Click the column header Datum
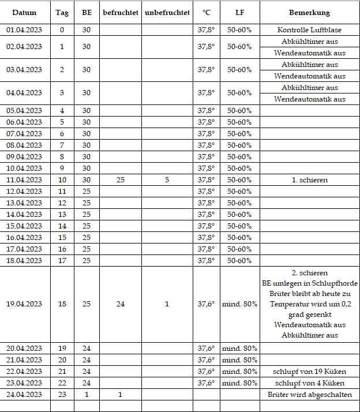pyautogui.click(x=24, y=12)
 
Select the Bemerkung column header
pyautogui.click(x=309, y=12)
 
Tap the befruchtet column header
pyautogui.click(x=120, y=12)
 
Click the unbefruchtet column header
pyautogui.click(x=167, y=12)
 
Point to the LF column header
pyautogui.click(x=239, y=12)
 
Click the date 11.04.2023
pyautogui.click(x=24, y=180)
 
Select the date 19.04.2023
pyautogui.click(x=24, y=304)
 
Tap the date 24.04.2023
pyautogui.click(x=24, y=395)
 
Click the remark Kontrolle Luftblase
pyautogui.click(x=309, y=29)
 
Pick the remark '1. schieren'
pyautogui.click(x=309, y=180)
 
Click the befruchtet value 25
pyautogui.click(x=120, y=180)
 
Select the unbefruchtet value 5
pyautogui.click(x=167, y=180)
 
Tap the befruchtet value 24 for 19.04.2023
pyautogui.click(x=120, y=304)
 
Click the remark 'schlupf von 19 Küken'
pyautogui.click(x=309, y=372)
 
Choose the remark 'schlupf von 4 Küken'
pyautogui.click(x=309, y=383)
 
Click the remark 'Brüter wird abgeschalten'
pyautogui.click(x=309, y=395)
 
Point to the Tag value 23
pyautogui.click(x=62, y=395)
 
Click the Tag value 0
pyautogui.click(x=62, y=29)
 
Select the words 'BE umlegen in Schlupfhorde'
pyautogui.click(x=309, y=283)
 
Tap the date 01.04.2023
pyautogui.click(x=24, y=29)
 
